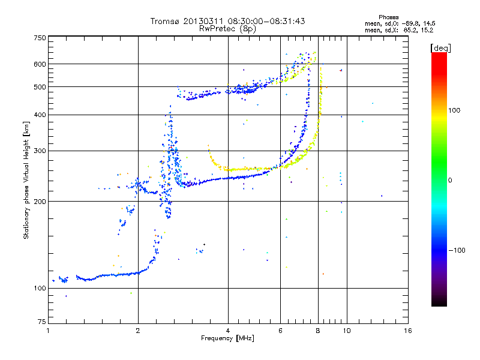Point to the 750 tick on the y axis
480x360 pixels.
point(39,37)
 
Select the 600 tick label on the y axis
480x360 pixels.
point(39,64)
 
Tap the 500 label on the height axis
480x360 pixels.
point(39,86)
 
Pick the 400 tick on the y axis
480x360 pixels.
point(39,115)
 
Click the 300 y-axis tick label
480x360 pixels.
point(39,151)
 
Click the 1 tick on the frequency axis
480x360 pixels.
point(48,331)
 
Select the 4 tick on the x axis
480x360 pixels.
point(228,331)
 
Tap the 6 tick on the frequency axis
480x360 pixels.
point(281,331)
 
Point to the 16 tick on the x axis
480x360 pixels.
point(407,331)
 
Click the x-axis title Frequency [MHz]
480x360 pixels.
point(228,339)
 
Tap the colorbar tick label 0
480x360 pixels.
point(450,180)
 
